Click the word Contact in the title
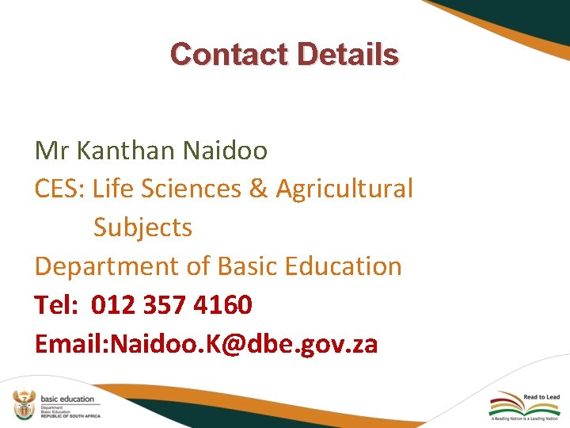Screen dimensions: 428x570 click(x=229, y=54)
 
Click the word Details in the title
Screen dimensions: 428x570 click(x=348, y=54)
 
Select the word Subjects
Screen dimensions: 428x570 click(x=142, y=228)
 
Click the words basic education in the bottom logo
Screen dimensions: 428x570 click(x=66, y=399)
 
